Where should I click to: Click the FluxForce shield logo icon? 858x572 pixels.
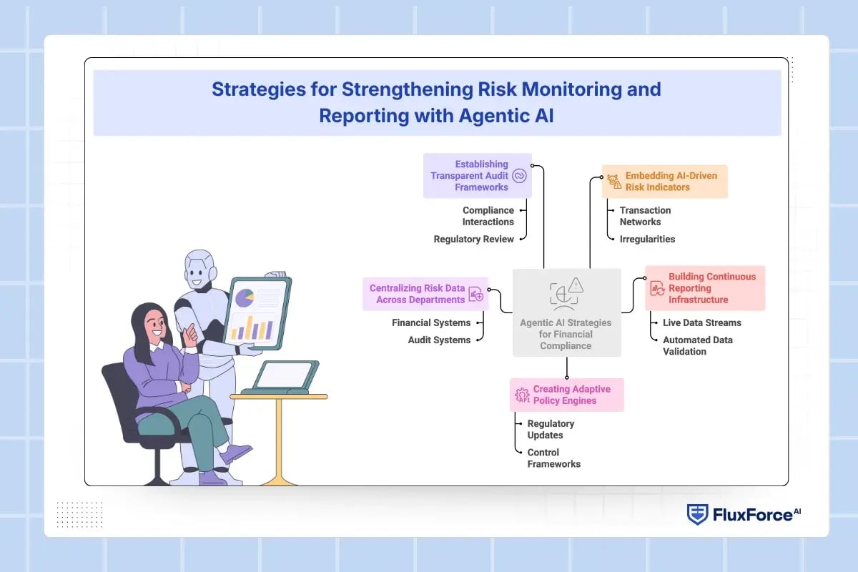coord(698,515)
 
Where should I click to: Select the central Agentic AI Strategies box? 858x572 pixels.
coord(566,312)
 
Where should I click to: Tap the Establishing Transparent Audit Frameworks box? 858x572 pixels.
coord(477,175)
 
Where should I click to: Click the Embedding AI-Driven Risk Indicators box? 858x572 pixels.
coord(664,182)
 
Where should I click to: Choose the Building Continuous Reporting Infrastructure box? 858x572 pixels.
coord(704,288)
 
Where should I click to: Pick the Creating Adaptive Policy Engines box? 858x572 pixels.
coord(566,395)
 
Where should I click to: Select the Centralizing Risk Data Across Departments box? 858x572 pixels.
coord(425,294)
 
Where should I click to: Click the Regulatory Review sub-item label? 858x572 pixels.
coord(473,239)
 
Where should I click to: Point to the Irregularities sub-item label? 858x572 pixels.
coord(647,239)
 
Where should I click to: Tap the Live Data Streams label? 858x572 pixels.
coord(701,322)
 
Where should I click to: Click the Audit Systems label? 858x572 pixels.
coord(439,340)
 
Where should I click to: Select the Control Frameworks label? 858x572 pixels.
coord(553,458)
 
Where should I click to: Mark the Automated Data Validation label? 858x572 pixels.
coord(697,345)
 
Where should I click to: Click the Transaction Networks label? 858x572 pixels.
coord(645,216)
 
